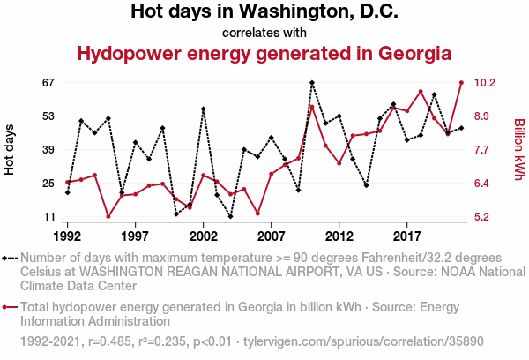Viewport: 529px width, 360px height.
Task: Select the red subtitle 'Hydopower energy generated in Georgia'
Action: point(264,54)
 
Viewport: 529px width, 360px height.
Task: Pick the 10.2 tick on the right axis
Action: point(486,83)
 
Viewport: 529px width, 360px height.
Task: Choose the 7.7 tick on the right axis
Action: point(483,150)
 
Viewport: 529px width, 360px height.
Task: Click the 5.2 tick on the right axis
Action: point(483,217)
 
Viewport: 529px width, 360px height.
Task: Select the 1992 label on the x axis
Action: point(67,236)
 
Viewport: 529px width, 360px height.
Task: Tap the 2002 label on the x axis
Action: point(203,236)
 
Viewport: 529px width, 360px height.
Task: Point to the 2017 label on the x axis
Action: point(406,236)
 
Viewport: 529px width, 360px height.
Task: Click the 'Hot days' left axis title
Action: point(10,150)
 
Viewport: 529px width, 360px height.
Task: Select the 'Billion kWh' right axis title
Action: point(519,150)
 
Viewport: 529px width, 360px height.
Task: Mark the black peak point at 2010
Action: point(312,83)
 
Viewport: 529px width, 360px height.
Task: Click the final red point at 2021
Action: point(461,83)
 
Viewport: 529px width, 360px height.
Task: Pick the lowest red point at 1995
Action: point(108,216)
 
